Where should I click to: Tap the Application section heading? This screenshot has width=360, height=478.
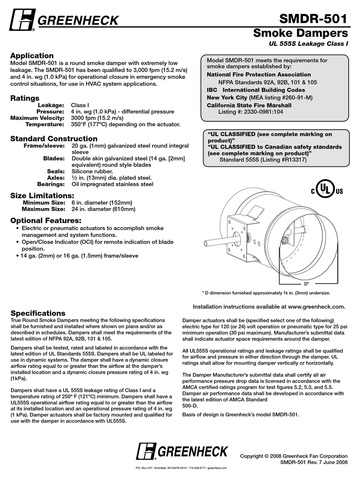(x=32, y=56)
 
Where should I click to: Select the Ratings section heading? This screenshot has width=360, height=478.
(x=25, y=98)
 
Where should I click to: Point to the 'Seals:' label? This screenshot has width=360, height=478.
(x=55, y=171)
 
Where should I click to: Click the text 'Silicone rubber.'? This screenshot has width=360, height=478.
(x=92, y=171)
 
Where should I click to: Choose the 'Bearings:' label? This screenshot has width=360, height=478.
(x=50, y=184)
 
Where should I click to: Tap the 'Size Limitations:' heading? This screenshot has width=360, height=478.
(x=42, y=196)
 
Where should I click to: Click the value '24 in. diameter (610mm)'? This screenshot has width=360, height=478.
(x=103, y=209)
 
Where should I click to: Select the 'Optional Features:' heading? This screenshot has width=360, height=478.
(x=45, y=220)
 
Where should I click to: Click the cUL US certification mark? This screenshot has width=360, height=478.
(x=327, y=190)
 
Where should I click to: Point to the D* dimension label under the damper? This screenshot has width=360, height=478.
(x=307, y=284)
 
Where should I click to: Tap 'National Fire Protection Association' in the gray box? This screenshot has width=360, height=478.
(x=258, y=75)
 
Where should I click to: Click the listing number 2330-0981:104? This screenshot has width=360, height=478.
(x=250, y=112)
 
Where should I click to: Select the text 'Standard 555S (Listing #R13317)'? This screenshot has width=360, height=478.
(x=263, y=160)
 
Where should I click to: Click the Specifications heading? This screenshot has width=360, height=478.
(x=38, y=313)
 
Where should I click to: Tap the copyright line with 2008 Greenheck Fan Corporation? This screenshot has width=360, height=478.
(x=294, y=456)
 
